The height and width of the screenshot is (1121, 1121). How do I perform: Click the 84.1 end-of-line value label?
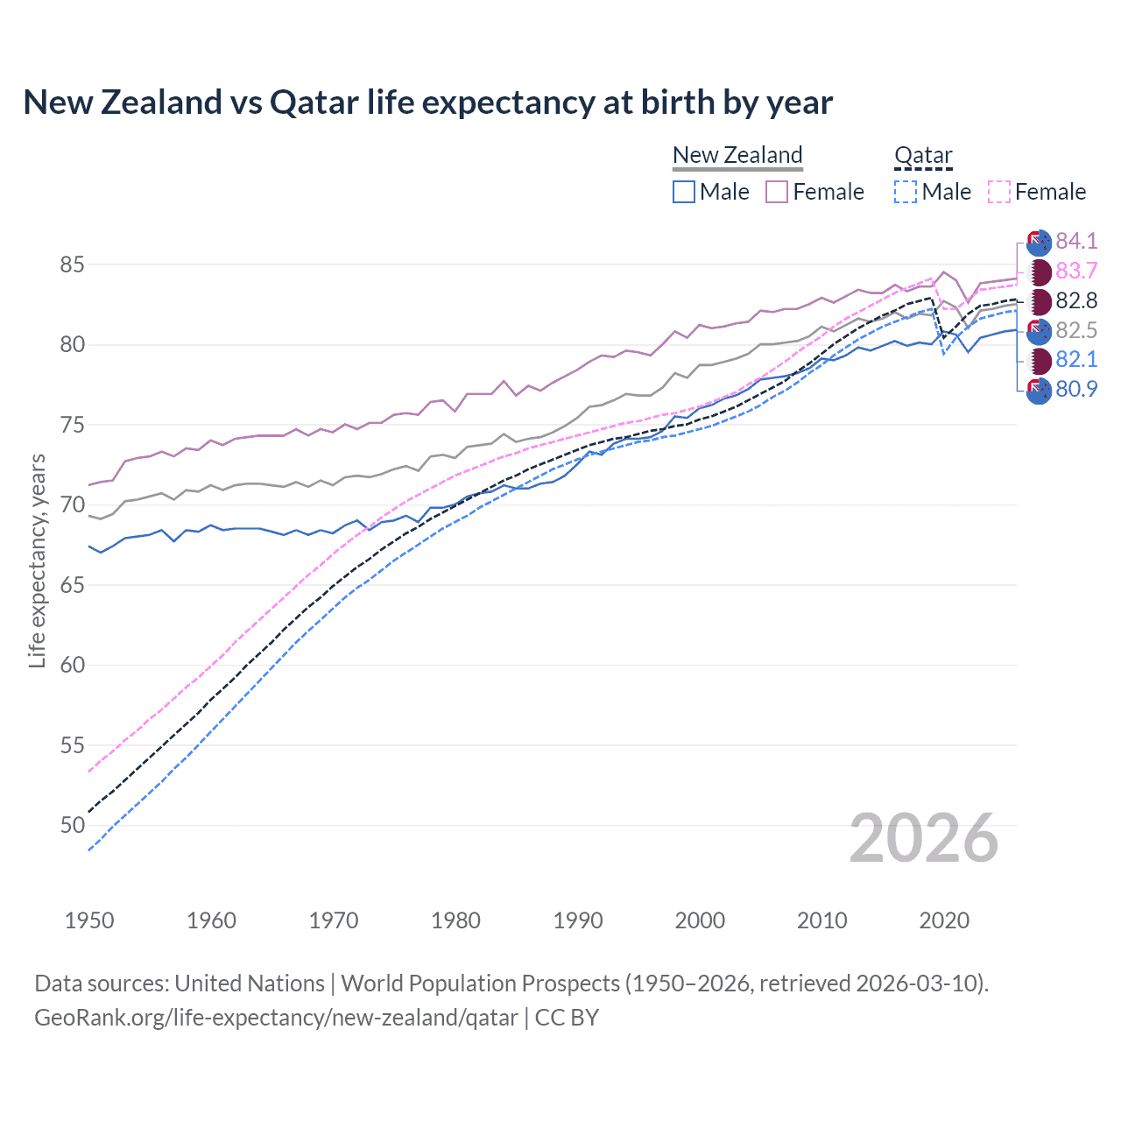coord(1076,241)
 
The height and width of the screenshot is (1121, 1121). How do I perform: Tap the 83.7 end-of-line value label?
coord(1076,271)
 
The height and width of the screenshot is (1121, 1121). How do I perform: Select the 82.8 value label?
coord(1076,300)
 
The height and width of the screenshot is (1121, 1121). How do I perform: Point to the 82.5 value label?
coord(1076,330)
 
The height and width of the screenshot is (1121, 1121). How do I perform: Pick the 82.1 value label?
coord(1076,359)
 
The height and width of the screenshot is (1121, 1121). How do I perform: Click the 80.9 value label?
coord(1076,389)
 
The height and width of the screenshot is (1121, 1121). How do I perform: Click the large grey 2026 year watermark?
coord(923,838)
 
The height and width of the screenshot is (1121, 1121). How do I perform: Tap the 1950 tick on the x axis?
coord(89,920)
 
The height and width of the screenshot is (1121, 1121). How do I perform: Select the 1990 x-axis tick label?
coord(578,920)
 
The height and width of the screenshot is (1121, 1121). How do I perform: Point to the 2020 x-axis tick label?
coord(944,920)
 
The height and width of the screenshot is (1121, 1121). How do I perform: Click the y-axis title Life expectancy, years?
coord(37,560)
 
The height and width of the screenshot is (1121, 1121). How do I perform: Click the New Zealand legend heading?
coord(737,155)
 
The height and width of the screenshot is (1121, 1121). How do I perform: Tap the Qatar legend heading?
coord(922,155)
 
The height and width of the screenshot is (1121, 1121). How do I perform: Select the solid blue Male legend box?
coord(684,192)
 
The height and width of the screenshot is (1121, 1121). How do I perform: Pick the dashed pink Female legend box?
coord(999,192)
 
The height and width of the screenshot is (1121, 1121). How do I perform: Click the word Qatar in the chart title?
coord(314,102)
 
